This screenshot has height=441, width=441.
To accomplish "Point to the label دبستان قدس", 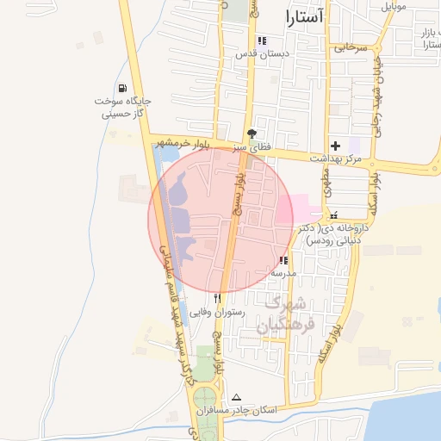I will pos(262,53).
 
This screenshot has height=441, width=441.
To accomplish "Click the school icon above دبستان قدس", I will pos(262,40).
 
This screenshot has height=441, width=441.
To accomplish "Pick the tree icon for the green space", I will pos(252,134).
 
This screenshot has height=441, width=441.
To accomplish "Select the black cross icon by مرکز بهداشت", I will pos(336,146).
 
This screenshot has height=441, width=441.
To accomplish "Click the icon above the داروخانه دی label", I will pos(333,215).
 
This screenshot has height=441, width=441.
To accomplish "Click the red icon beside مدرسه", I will pos(283,260).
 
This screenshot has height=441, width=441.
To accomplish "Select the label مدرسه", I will pos(283,273).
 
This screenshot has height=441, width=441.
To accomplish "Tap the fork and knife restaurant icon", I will pos(217,299).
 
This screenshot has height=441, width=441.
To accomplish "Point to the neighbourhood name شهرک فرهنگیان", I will pos(285,314).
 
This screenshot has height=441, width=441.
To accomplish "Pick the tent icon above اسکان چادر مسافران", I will pos(237,398).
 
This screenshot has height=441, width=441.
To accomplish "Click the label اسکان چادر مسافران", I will pos(237,411).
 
